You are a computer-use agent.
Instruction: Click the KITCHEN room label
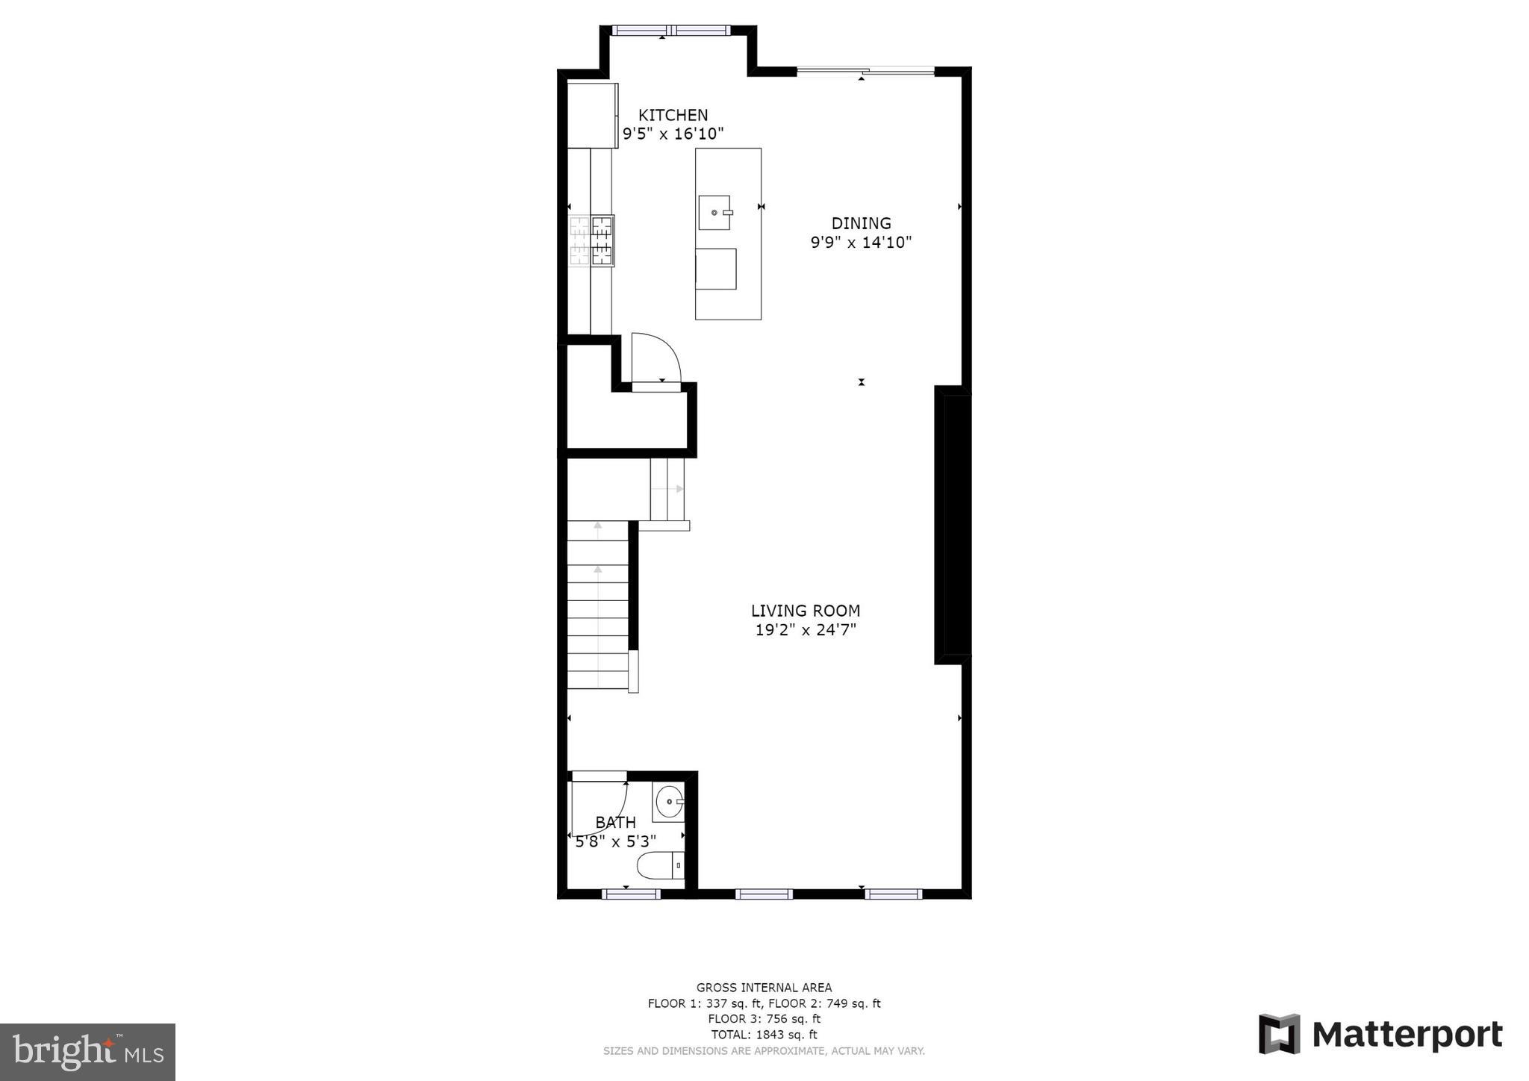coord(673,115)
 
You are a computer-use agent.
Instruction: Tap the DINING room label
coord(861,223)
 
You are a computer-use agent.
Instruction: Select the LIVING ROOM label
coord(805,611)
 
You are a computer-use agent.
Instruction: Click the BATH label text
coord(616,822)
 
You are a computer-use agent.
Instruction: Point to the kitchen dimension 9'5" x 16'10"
coord(673,134)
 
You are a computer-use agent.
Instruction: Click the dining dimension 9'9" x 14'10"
coord(861,243)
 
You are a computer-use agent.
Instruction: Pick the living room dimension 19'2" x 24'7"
coord(805,630)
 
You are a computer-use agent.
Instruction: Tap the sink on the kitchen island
coord(714,213)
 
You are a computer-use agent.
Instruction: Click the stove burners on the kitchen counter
coord(592,240)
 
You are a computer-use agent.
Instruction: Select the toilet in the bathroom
coord(659,866)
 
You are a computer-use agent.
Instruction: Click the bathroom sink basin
coord(668,803)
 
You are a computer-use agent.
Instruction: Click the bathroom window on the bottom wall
coord(631,894)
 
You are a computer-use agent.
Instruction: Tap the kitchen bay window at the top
coord(670,31)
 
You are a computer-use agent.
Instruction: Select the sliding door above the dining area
coord(865,71)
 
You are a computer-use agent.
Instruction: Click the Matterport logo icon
coord(1279,1034)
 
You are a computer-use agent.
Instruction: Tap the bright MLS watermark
coord(87,1052)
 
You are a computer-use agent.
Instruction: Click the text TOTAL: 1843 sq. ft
coord(764,1035)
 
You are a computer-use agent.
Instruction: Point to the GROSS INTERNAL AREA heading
coord(764,988)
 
